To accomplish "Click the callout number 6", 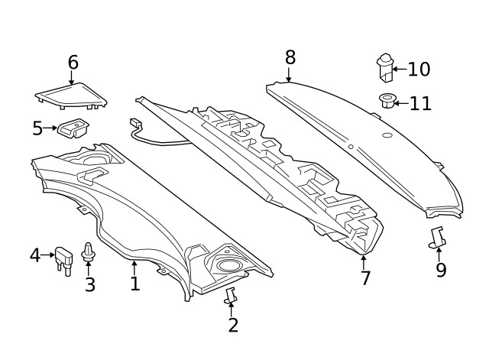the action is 73,63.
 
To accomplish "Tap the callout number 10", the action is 419,69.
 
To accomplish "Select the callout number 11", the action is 420,103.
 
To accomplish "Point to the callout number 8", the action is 290,58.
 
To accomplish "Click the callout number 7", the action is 365,277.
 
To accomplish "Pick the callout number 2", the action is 233,325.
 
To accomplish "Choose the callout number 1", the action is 134,284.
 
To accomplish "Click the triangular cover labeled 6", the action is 71,96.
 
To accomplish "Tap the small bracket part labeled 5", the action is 73,128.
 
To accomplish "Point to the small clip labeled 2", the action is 231,296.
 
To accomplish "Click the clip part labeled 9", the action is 438,237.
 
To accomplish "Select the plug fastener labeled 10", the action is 385,68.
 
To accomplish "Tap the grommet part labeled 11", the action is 387,101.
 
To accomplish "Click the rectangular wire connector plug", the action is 135,122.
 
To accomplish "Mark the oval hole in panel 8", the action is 387,135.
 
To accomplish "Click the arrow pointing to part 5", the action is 50,128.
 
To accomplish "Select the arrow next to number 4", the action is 48,255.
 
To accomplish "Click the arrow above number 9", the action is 439,255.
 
